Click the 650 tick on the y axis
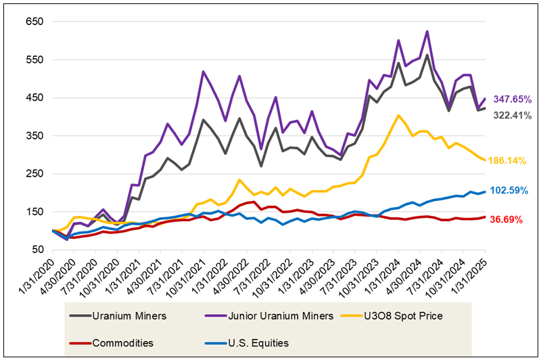[34, 22]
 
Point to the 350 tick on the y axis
[34, 136]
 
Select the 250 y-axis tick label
[34, 174]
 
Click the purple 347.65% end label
[513, 99]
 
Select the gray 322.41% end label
[513, 115]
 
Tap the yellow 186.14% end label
[513, 161]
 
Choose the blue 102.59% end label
[513, 191]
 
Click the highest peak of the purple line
[427, 31]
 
